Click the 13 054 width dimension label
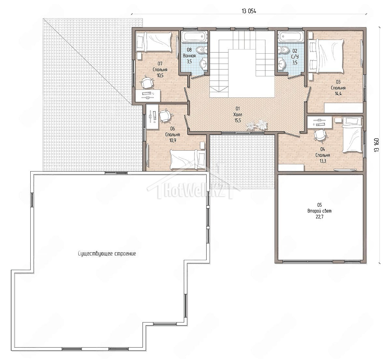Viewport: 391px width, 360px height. point(249,11)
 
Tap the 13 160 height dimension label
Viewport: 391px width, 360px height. point(377,145)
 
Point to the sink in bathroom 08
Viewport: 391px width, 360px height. point(204,63)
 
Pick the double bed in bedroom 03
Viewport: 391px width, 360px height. point(326,56)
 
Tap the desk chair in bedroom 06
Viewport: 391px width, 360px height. point(165,116)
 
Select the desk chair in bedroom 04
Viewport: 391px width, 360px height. point(320,134)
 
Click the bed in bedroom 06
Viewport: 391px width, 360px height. point(188,159)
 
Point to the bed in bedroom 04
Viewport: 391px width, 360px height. point(353,135)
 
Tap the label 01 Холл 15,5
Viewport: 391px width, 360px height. point(238,114)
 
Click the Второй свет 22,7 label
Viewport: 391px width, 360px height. point(319,211)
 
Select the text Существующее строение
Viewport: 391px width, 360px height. point(107,254)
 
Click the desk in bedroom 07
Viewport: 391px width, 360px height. point(148,95)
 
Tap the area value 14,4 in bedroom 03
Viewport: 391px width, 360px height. point(338,94)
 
